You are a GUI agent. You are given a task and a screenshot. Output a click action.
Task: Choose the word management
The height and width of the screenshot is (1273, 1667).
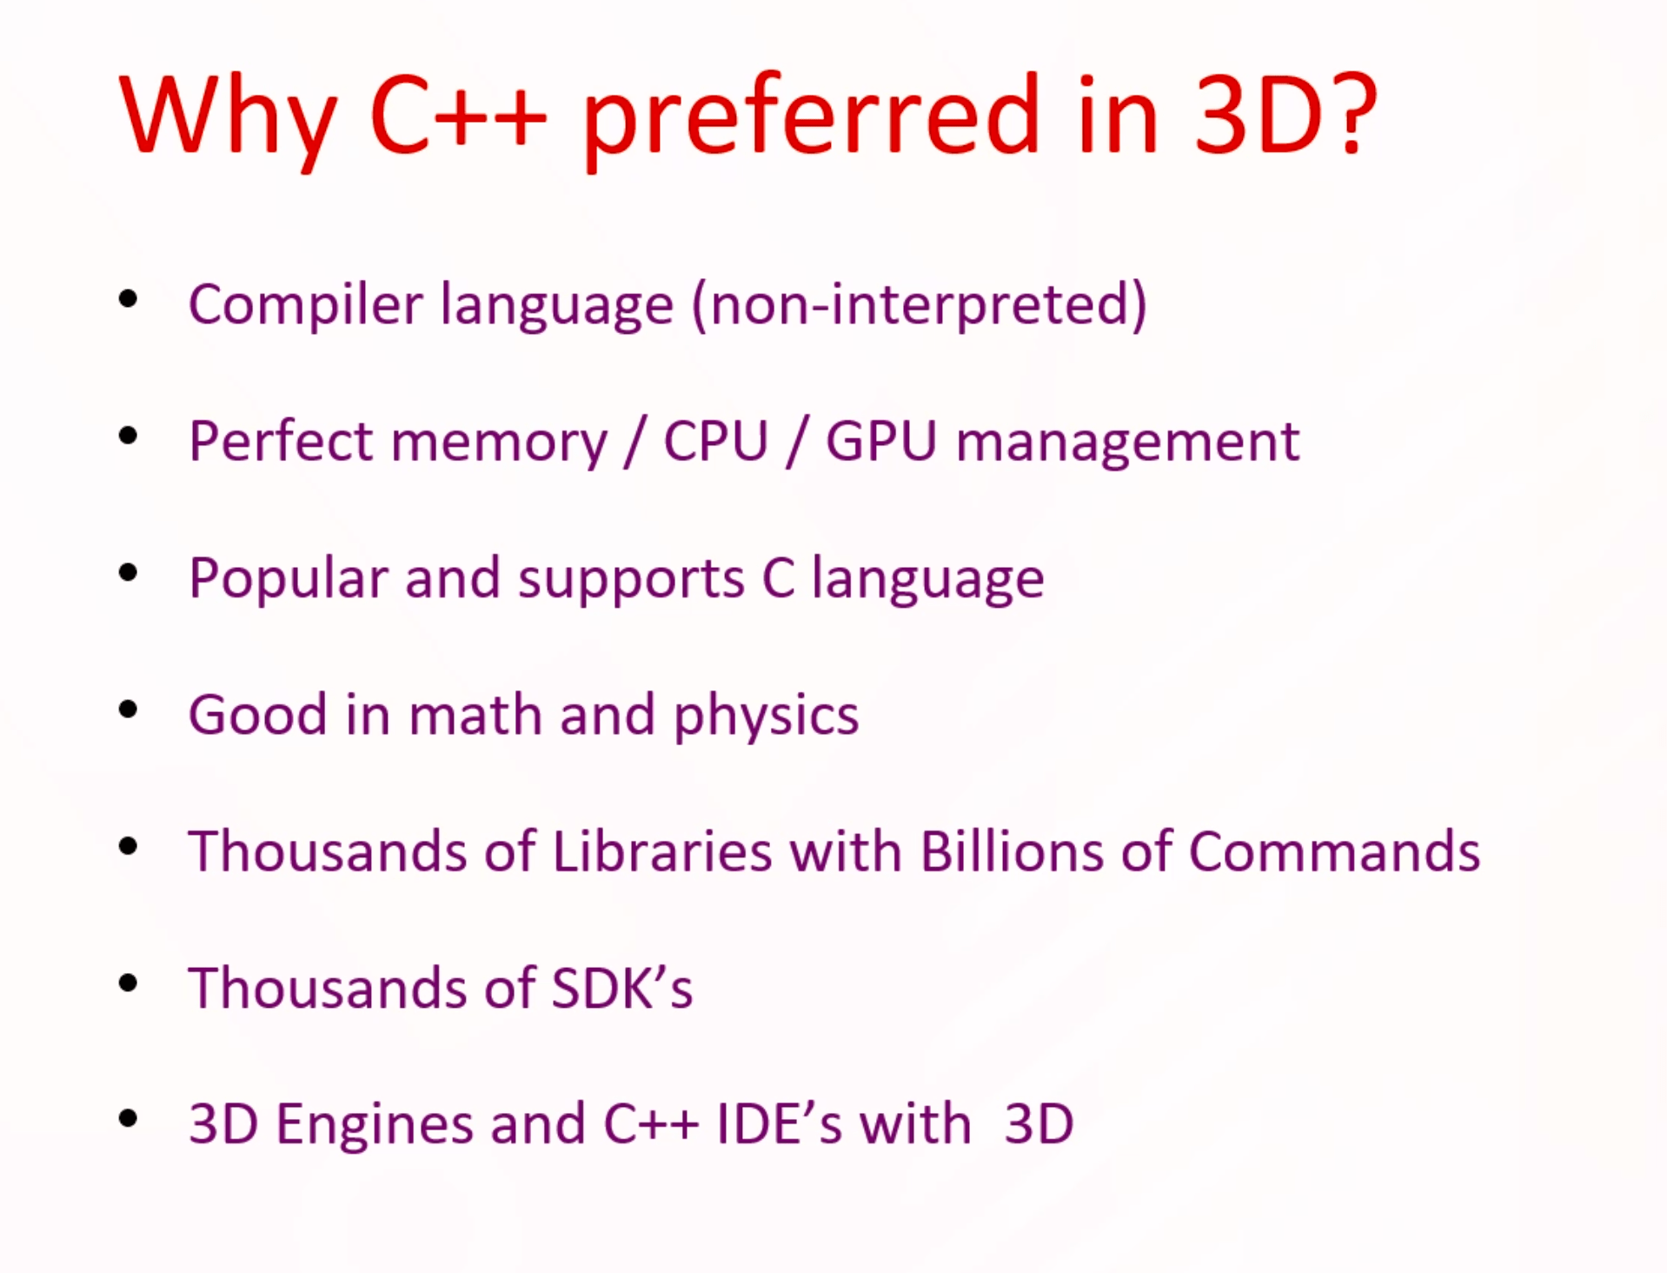(1128, 444)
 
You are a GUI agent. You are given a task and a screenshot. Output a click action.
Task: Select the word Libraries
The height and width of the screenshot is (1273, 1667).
(662, 850)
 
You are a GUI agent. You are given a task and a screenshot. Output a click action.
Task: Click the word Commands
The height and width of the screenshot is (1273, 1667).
(1334, 850)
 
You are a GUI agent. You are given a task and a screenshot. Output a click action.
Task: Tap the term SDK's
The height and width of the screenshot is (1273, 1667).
(622, 987)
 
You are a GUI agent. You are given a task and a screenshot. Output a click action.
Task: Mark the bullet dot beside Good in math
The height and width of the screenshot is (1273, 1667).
(129, 710)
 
